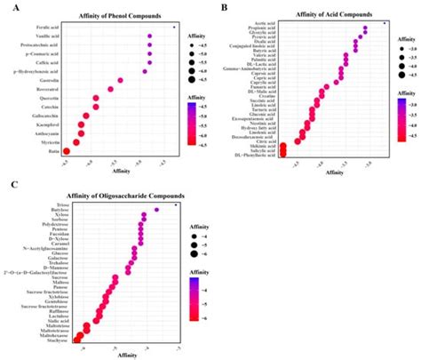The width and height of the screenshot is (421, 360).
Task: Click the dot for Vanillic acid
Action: pyautogui.click(x=150, y=37)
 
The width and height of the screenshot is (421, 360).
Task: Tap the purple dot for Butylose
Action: pyautogui.click(x=156, y=210)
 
